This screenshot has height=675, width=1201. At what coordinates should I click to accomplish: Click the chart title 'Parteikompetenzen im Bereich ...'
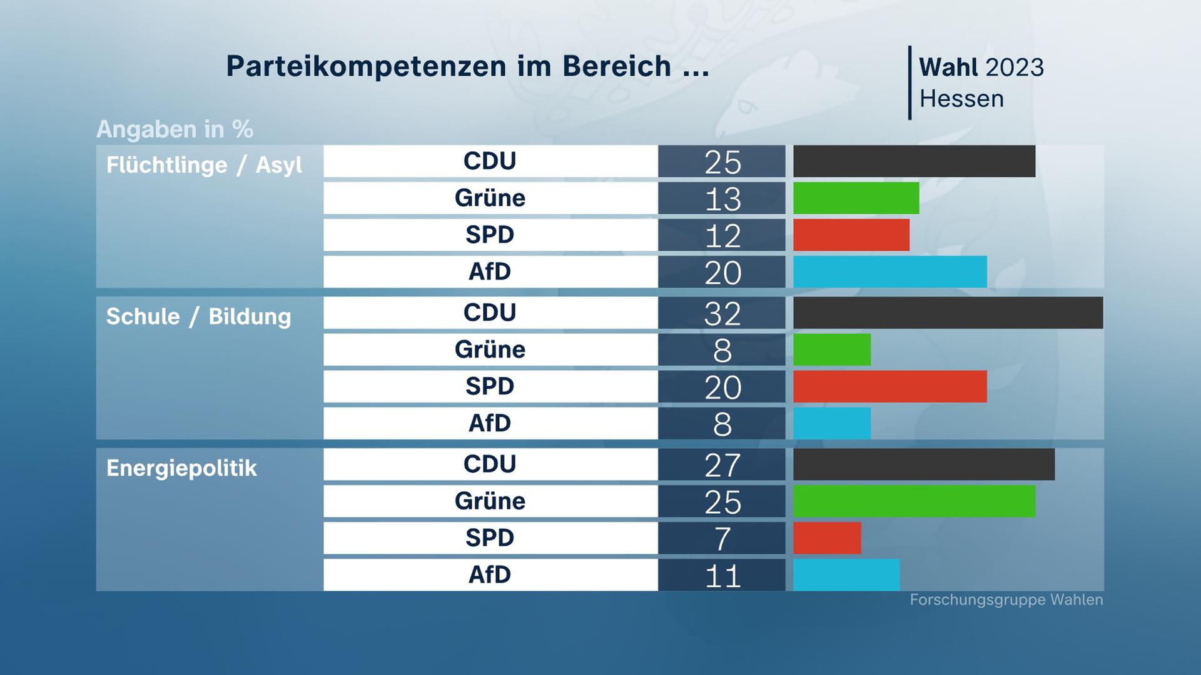click(467, 66)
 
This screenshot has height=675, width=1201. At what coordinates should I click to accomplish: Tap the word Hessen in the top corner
click(961, 99)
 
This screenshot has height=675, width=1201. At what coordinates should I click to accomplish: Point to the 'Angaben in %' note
click(175, 129)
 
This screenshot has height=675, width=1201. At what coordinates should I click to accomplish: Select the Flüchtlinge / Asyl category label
click(204, 165)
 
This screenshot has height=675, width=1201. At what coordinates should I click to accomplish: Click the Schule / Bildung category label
click(198, 316)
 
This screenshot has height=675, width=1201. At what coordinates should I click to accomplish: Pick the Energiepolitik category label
click(181, 468)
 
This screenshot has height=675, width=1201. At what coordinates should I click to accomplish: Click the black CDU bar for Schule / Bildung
click(948, 312)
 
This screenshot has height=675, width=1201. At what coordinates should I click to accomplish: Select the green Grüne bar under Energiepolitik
click(914, 501)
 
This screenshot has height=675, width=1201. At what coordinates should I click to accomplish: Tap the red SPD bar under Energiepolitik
click(827, 538)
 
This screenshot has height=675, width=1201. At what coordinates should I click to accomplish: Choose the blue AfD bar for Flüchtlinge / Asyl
click(889, 272)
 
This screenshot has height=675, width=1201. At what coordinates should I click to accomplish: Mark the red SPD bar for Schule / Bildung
click(889, 386)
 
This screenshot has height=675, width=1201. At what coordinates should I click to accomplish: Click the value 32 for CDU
click(722, 313)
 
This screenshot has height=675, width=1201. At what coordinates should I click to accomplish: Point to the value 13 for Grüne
click(722, 199)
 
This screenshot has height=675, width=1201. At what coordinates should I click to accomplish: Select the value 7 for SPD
click(722, 538)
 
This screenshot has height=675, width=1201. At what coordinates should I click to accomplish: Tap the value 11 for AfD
click(722, 575)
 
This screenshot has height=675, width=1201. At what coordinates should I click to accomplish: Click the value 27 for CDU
click(722, 465)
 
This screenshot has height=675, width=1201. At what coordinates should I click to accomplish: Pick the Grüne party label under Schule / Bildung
click(490, 349)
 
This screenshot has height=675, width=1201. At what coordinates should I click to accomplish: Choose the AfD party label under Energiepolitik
click(490, 575)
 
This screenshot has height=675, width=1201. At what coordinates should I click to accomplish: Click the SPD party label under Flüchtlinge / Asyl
click(490, 235)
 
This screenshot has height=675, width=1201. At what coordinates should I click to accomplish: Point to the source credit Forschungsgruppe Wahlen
click(1006, 600)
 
